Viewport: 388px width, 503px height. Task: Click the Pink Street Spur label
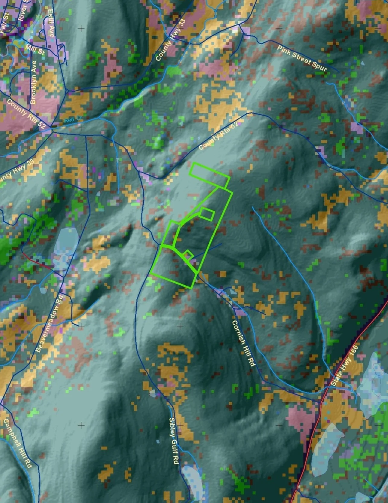[302, 59]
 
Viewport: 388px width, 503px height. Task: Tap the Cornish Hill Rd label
[243, 343]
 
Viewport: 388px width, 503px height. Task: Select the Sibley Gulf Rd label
[174, 441]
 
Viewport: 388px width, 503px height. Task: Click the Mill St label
[35, 50]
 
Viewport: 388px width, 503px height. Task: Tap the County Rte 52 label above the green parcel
[218, 136]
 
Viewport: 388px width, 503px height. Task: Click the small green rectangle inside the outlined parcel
[207, 214]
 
